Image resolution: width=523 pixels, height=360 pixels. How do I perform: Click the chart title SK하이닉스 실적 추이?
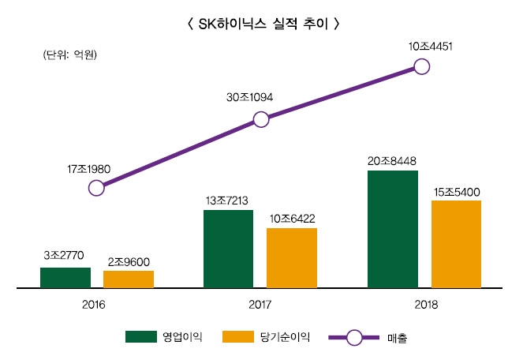pos(261,24)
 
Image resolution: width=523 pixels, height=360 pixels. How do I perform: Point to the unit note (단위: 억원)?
pos(69,54)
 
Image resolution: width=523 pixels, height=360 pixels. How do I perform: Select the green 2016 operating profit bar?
pos(65,278)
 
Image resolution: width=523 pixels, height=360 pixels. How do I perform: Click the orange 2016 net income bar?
pos(129,279)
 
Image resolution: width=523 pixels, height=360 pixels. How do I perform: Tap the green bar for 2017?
pos(229,249)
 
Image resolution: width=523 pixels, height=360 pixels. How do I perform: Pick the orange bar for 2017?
pos(292,258)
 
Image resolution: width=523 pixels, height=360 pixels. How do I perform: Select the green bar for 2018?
pos(393,230)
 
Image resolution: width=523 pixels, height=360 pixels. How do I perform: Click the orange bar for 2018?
pos(456,245)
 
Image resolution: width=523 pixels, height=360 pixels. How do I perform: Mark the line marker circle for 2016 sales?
pos(96,188)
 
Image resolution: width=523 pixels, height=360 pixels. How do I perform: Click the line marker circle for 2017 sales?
pos(260,120)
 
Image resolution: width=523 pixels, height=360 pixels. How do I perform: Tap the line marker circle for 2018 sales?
pos(422,66)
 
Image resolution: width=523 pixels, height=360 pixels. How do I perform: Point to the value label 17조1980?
pos(92,169)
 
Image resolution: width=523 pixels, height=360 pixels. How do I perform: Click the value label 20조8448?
pos(392,161)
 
